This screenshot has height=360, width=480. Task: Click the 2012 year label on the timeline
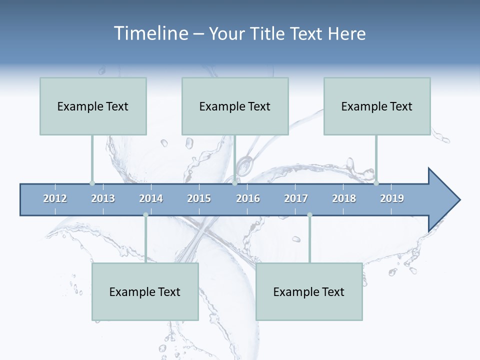[x=55, y=198]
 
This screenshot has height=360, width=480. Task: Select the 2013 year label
[x=103, y=198]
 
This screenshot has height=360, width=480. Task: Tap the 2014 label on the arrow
[x=151, y=198]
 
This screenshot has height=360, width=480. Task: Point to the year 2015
[x=199, y=198]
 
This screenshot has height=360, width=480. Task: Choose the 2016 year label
[x=248, y=198]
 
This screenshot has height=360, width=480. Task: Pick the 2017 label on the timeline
[x=296, y=198]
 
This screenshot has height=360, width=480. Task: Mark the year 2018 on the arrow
[x=344, y=198]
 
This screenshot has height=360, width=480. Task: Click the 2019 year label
[x=392, y=198]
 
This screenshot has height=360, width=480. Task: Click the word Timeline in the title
[x=150, y=33]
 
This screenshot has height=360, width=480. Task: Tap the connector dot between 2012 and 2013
[x=92, y=183]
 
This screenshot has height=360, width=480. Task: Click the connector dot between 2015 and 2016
[x=234, y=183]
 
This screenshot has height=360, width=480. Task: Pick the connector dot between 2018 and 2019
[x=376, y=183]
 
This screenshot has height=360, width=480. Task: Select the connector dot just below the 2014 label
[x=145, y=215]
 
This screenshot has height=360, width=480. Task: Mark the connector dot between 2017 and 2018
[x=309, y=215]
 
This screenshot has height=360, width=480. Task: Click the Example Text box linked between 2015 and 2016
[x=235, y=106]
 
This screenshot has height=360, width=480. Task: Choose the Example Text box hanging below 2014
[x=145, y=291]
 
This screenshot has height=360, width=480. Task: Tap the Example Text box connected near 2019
[x=377, y=106]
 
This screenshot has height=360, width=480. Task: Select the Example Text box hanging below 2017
[x=309, y=291]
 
